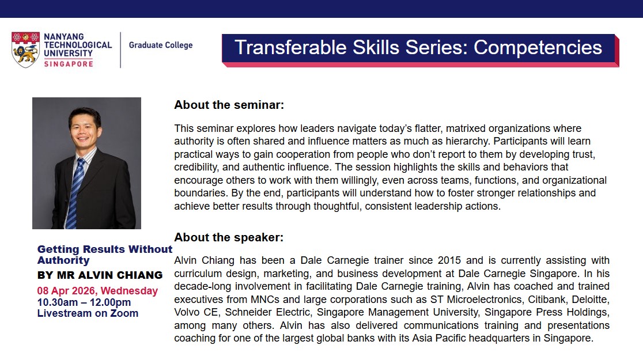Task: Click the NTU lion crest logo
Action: click(x=25, y=50)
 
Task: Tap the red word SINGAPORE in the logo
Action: click(x=69, y=64)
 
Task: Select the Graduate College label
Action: click(x=161, y=45)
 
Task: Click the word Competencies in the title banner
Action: click(x=538, y=48)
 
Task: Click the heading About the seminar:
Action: click(x=229, y=105)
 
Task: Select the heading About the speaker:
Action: click(x=229, y=237)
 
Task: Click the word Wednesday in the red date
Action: click(x=129, y=291)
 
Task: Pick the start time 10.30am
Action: click(x=58, y=302)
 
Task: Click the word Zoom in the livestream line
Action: click(x=124, y=313)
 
